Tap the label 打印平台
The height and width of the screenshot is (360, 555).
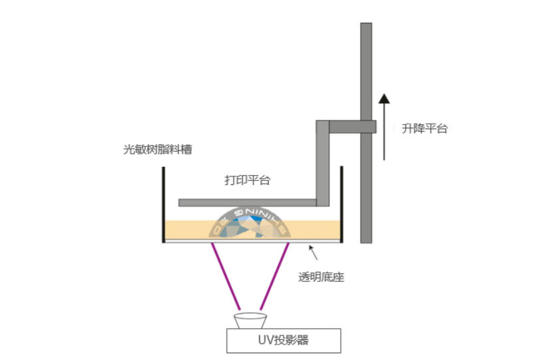pos(248,180)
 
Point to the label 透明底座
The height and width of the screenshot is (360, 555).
pos(321,277)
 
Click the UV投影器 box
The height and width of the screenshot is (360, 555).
pos(283,341)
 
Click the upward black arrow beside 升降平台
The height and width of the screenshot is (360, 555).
pos(384,126)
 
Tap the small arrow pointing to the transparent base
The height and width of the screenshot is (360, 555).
pos(312,252)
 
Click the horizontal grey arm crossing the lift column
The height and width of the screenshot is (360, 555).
pos(352,126)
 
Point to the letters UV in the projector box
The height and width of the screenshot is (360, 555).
pos(266,341)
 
